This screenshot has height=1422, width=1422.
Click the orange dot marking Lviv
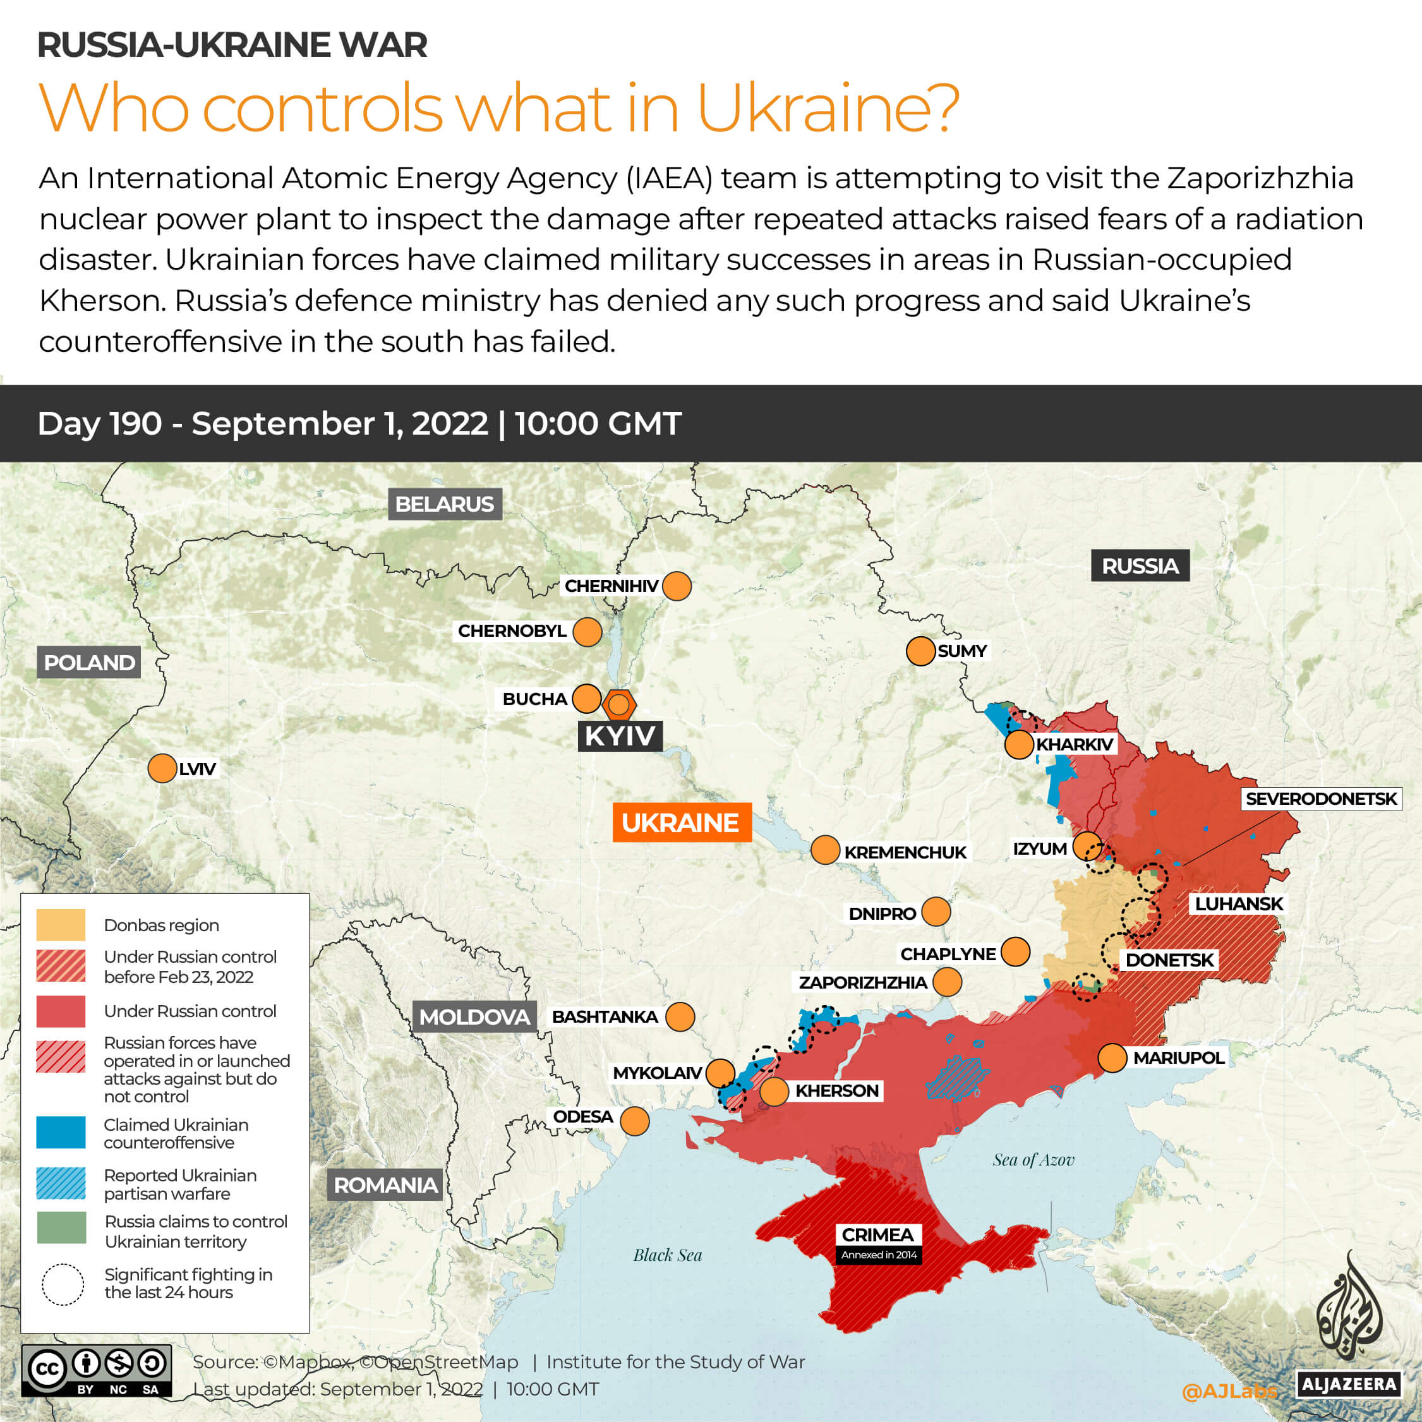pos(162,768)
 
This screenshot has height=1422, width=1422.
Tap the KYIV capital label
pos(620,735)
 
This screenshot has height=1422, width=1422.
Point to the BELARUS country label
pos(445,504)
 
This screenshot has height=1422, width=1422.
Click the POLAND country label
pos(89,663)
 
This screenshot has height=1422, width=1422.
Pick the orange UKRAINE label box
pos(681,822)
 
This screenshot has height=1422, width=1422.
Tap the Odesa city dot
pos(634,1121)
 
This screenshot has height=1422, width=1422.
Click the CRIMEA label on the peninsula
pos(877,1234)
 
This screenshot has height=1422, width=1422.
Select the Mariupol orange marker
pos(1112,1057)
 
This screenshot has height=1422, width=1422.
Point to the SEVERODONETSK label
pos(1320,798)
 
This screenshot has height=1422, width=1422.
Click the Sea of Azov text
pos(1033,1160)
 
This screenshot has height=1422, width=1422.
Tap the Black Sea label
pos(668,1255)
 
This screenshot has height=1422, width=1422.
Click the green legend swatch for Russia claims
pos(61,1227)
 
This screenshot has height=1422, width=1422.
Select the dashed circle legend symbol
pos(63,1284)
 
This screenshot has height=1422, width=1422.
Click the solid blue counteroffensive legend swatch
pos(61,1132)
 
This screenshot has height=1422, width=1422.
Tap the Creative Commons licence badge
pos(97,1370)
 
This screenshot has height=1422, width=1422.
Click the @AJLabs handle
pos(1229,1390)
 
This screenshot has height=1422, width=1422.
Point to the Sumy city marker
pos(920,651)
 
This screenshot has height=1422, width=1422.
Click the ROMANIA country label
pos(385,1184)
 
